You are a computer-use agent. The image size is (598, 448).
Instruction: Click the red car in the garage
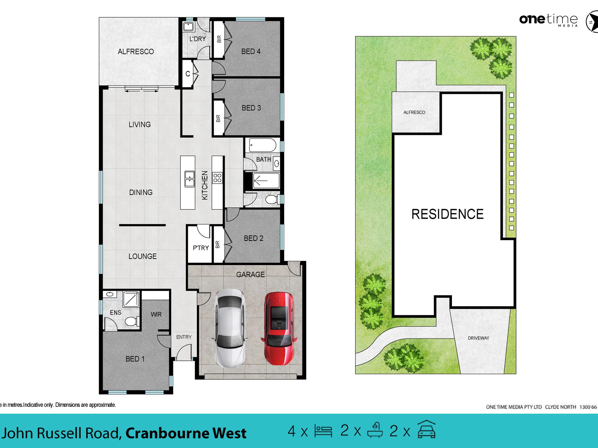point(279,329)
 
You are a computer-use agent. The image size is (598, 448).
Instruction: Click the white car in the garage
point(230,329)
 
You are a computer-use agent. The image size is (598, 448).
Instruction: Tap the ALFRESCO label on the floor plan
point(136,52)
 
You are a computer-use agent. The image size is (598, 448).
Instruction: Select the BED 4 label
point(251,51)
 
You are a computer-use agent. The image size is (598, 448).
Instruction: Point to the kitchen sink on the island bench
point(189,179)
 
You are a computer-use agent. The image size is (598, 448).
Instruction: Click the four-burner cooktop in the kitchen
point(217,178)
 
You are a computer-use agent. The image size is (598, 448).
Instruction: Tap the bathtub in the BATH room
point(262,146)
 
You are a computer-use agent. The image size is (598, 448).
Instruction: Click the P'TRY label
point(201,248)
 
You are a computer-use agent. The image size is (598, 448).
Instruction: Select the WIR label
point(156,314)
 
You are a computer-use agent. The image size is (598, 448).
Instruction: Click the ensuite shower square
point(131,299)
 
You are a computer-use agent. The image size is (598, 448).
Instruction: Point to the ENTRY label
point(184,337)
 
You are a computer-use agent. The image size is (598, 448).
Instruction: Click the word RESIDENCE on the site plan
point(447,214)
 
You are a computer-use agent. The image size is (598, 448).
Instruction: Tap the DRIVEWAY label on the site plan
point(478,338)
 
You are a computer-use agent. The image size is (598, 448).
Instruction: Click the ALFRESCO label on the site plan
point(414,112)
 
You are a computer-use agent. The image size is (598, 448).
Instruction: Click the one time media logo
point(548,20)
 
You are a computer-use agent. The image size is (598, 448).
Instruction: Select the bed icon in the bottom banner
point(323,431)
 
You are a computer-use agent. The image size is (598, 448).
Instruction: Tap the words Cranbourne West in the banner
point(186,433)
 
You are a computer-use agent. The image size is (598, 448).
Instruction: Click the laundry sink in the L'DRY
point(188,26)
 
